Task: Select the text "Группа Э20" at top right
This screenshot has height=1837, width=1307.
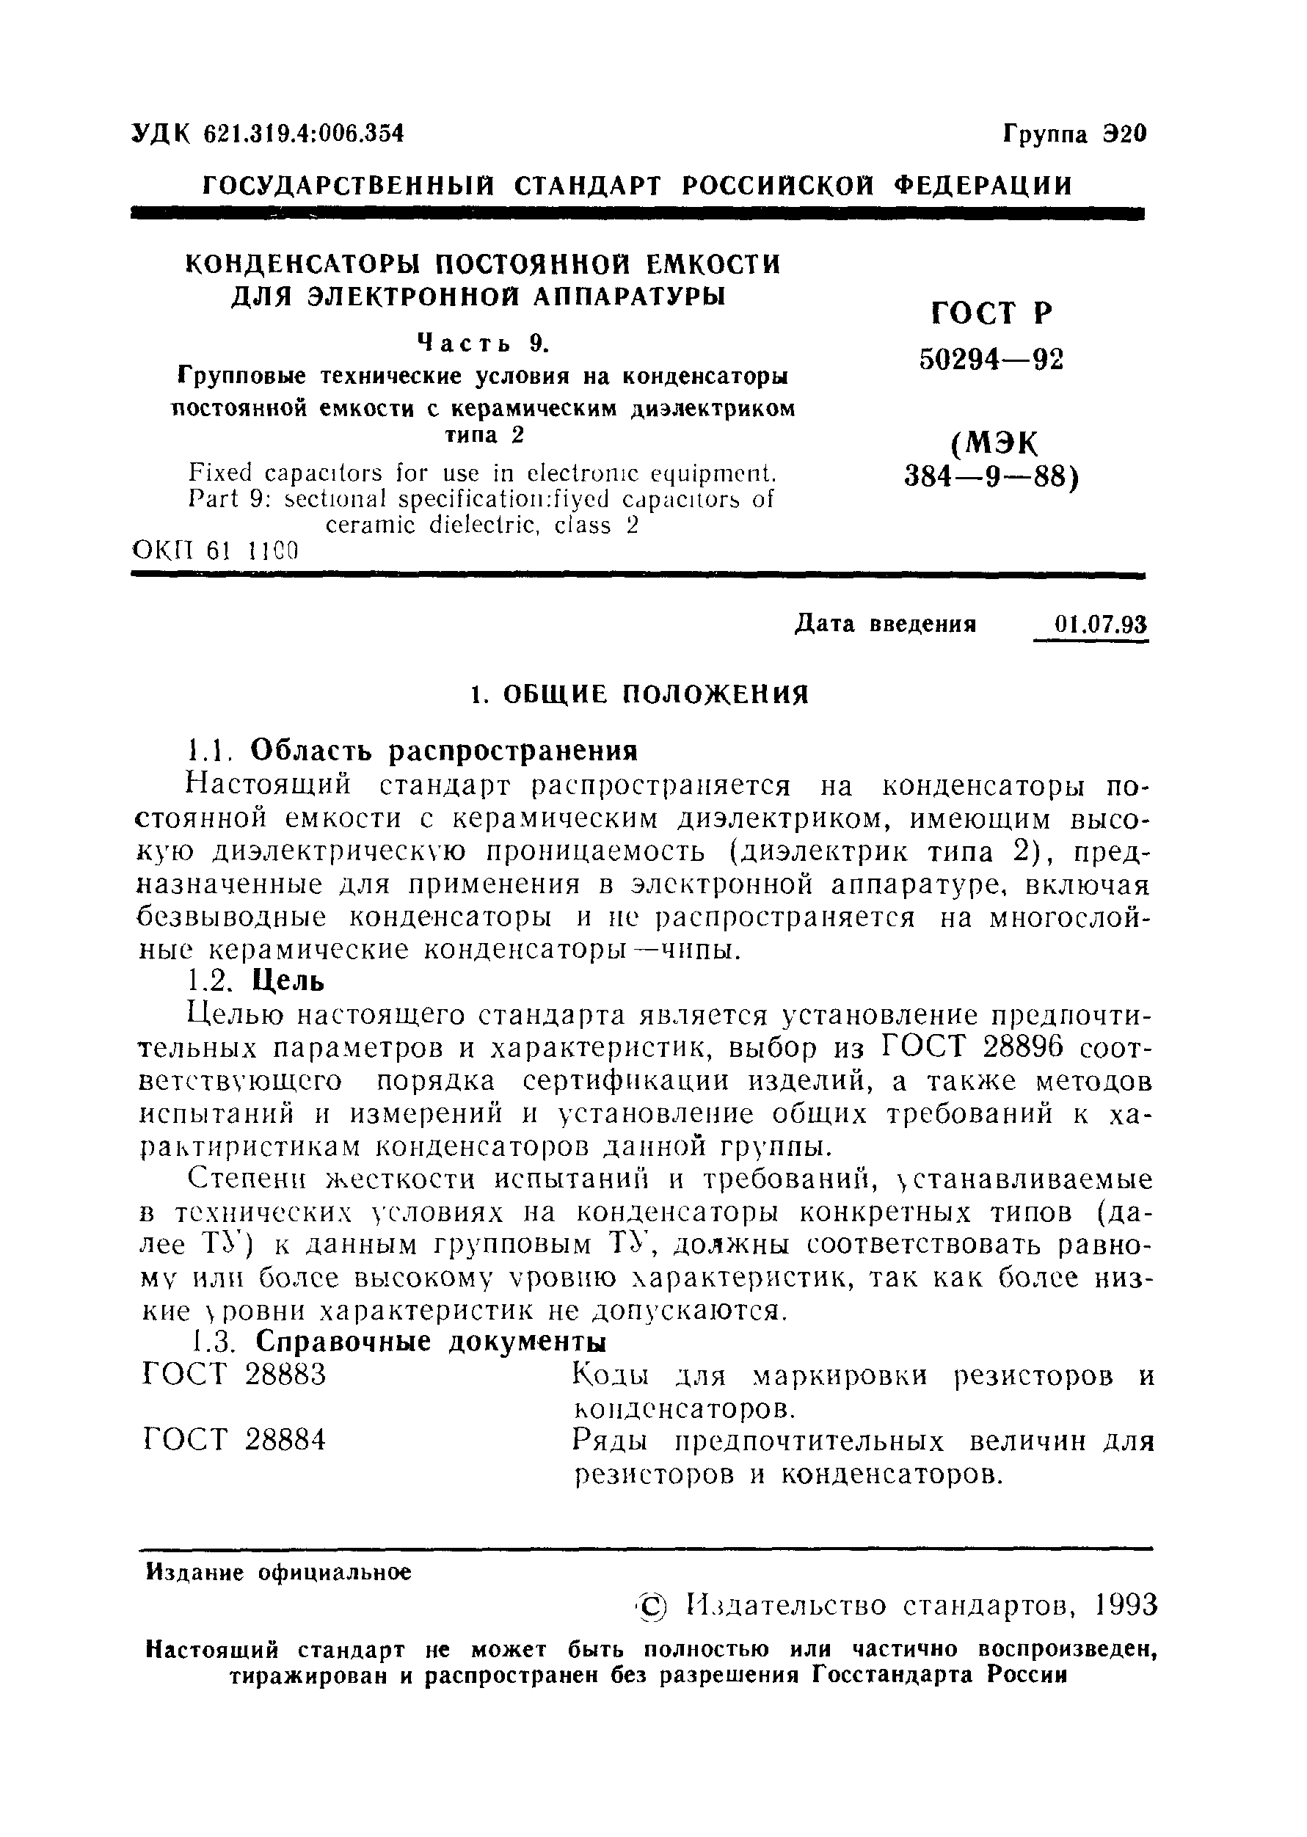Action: coord(1074,134)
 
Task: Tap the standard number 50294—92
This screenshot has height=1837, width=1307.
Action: coord(991,360)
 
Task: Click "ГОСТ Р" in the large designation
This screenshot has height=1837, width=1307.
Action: coord(991,312)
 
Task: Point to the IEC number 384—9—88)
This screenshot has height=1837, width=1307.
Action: coord(991,478)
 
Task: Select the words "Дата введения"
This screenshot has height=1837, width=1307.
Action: coord(885,625)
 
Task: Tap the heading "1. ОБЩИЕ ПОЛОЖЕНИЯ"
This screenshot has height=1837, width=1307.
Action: coord(639,693)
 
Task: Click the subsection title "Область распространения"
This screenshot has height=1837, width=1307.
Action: coord(444,751)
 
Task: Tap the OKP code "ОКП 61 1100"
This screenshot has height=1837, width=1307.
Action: coord(215,551)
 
